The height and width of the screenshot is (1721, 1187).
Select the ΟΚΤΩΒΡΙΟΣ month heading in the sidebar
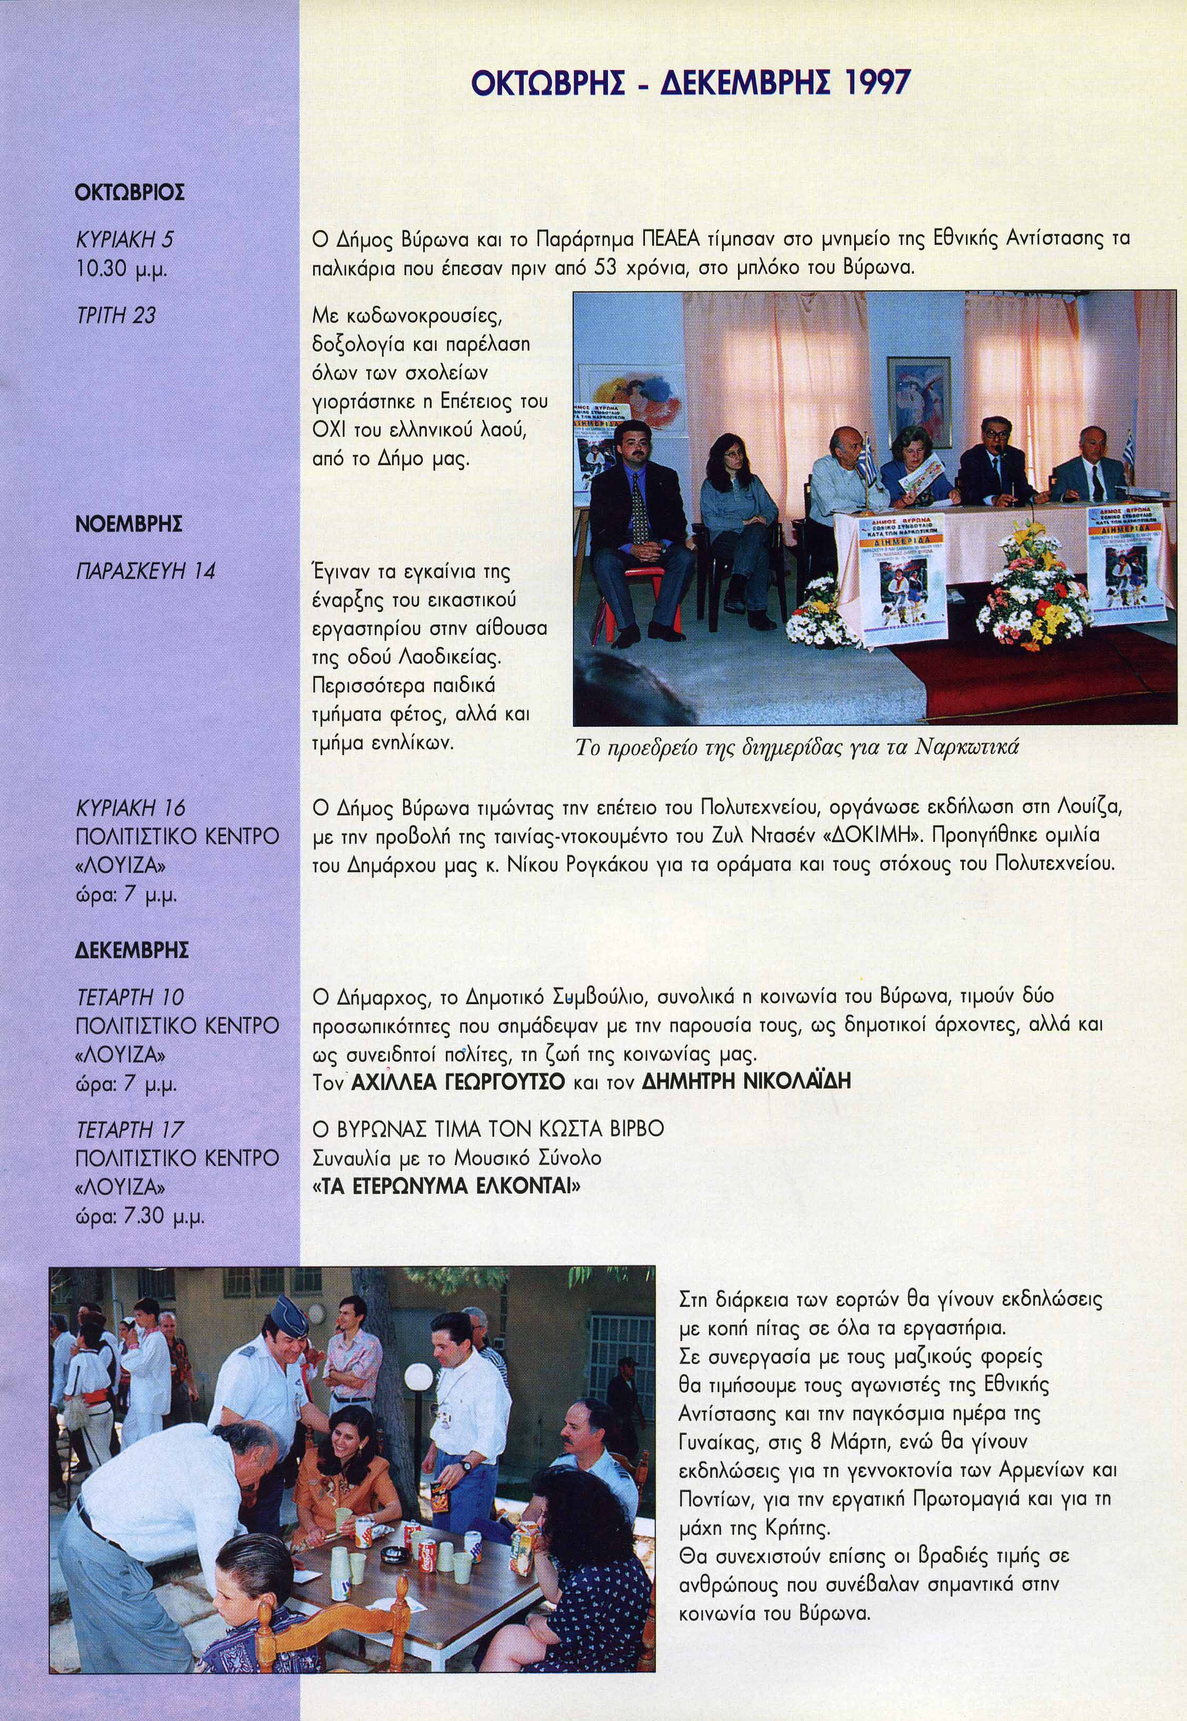tap(129, 193)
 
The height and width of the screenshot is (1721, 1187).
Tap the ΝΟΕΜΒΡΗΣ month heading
tap(128, 525)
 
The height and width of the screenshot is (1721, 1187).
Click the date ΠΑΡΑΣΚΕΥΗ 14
tap(145, 571)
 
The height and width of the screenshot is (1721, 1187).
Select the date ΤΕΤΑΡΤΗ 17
tap(129, 1130)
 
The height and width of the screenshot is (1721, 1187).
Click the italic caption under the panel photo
tap(796, 748)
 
